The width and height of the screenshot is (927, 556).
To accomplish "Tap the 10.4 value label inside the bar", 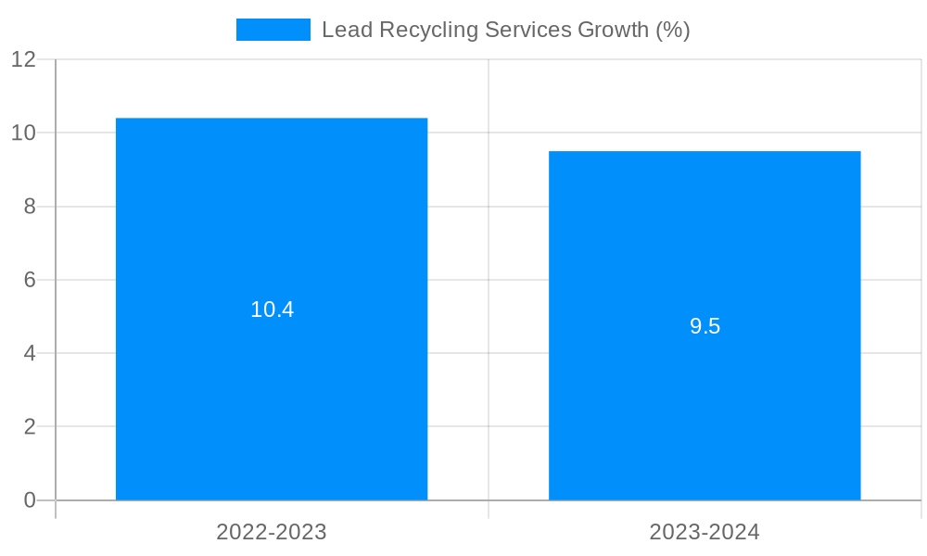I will click(x=272, y=310).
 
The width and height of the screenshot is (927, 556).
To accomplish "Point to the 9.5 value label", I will click(x=705, y=326).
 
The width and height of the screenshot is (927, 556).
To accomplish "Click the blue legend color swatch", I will click(x=273, y=30).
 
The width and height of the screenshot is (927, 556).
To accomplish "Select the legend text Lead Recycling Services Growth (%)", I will click(x=505, y=30).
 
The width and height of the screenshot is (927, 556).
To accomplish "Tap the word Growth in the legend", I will click(x=614, y=30).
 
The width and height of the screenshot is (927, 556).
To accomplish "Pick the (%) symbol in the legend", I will click(x=673, y=30).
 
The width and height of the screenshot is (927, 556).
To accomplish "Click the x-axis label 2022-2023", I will click(x=272, y=532).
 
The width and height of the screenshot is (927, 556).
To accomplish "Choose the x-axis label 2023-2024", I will click(x=705, y=532).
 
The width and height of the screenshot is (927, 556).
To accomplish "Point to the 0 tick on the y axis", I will click(x=30, y=500).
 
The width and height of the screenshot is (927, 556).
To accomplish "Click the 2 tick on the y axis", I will click(x=30, y=427).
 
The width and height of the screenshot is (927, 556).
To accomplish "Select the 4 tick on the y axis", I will click(x=30, y=353).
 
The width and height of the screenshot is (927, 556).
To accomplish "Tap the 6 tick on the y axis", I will click(x=30, y=280).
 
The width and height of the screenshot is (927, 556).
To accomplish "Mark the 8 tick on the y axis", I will click(x=30, y=207).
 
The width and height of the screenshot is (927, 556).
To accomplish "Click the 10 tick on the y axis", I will click(x=24, y=133).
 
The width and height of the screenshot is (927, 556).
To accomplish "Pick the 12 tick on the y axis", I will click(x=24, y=59).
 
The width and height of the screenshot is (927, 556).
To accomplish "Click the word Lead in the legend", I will click(x=343, y=30).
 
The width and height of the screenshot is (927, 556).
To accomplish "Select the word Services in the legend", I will click(x=526, y=30).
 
